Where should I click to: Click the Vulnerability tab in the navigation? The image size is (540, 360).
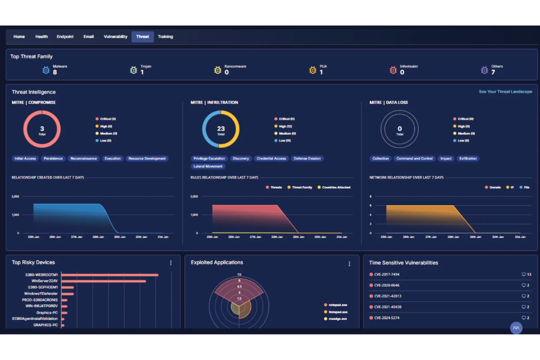[x=115, y=36]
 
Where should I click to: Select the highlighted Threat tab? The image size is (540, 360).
[x=142, y=36]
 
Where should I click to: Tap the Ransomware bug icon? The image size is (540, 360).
[x=217, y=70]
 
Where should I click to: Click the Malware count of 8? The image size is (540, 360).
[x=55, y=72]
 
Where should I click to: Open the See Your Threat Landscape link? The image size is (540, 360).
[x=505, y=92]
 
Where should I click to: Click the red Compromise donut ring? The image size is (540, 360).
[x=26, y=129]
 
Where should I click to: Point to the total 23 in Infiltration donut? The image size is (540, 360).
[x=221, y=129]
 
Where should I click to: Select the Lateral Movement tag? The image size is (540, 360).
[x=208, y=166]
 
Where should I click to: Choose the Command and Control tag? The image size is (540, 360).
[x=414, y=159]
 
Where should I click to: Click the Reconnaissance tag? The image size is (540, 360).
[x=84, y=159]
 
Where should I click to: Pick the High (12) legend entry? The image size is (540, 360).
[x=285, y=126]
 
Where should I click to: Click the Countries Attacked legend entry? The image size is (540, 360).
[x=336, y=187]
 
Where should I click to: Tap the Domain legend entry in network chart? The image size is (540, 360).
[x=494, y=187]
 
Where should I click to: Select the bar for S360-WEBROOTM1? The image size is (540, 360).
[x=109, y=275]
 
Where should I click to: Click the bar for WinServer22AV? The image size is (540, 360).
[x=104, y=281]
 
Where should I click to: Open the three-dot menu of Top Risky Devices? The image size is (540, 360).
[x=171, y=263]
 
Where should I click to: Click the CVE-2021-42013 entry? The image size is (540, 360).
[x=387, y=296]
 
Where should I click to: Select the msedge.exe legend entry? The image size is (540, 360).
[x=337, y=319]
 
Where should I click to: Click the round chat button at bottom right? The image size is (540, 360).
[x=516, y=328]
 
